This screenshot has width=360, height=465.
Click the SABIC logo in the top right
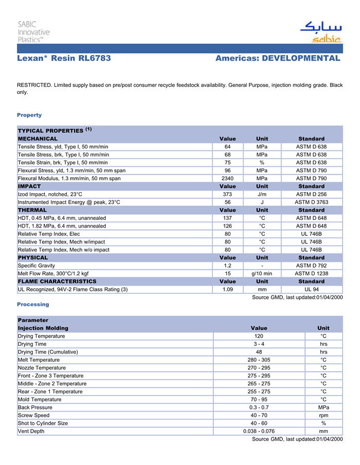point(321,32)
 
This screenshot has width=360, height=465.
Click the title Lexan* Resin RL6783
point(64,59)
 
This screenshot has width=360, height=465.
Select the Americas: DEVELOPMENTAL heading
point(278,59)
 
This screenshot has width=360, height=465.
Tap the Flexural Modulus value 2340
point(227,178)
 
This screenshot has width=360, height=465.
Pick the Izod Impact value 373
point(227,194)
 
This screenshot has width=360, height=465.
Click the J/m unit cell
point(262,194)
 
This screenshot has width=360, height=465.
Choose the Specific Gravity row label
point(35,266)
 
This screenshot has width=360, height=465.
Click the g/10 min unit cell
point(262,273)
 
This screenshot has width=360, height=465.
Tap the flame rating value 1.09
point(227,289)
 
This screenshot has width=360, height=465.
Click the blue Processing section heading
point(33,304)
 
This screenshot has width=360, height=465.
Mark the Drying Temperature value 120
point(259,336)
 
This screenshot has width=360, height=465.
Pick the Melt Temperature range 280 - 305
point(259,360)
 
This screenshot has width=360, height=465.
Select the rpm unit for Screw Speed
point(323,415)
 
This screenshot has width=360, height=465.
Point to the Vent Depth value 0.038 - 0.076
point(259,431)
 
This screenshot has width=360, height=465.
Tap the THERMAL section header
point(32,210)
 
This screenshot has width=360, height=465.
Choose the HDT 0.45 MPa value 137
point(227,218)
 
